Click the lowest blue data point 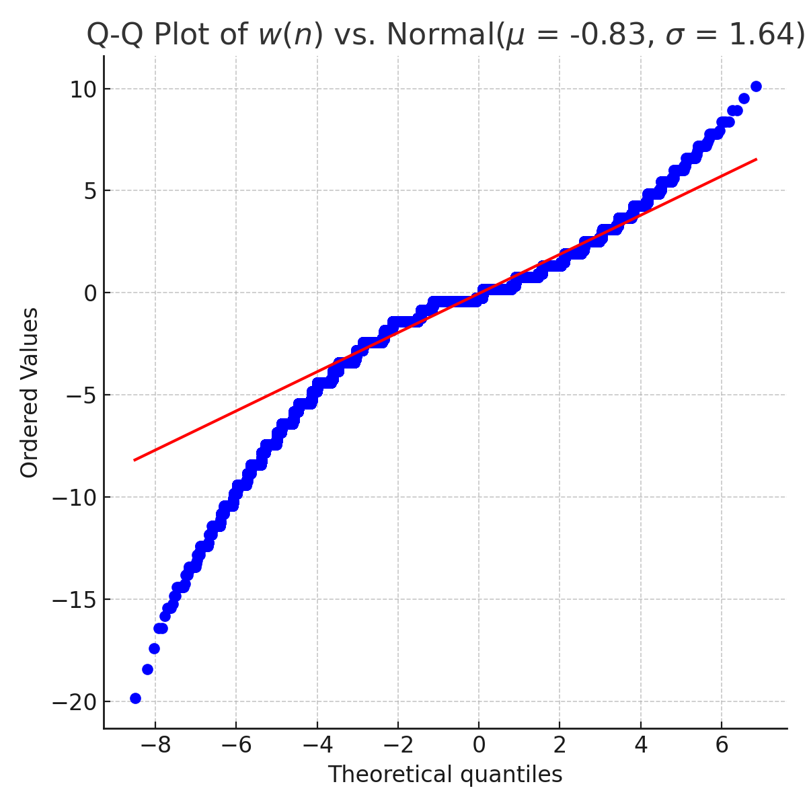pos(135,698)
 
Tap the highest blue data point pos(756,86)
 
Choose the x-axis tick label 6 pos(722,745)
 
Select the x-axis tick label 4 pos(641,745)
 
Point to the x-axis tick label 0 pos(479,745)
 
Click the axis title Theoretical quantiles pos(445,775)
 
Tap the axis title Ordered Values pos(30,392)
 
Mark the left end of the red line pos(134,460)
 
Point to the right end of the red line pos(757,159)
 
